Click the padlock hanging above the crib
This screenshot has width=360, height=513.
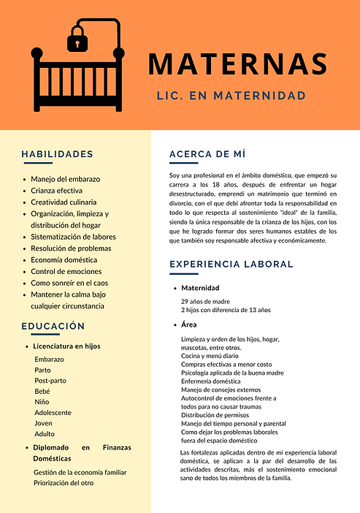pos(77,42)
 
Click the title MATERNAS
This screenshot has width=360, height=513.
pos(237,64)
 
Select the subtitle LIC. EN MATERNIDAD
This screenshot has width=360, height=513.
pos(231,96)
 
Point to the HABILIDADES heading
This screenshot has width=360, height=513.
pos(57,154)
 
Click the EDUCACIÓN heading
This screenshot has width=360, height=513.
pos(53,326)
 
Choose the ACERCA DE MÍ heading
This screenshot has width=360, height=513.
pos(207,154)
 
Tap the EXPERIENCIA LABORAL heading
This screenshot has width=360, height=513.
pos(231,264)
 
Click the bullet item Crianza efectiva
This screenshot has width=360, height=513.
pos(57,190)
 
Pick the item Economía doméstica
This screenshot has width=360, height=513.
pos(64,259)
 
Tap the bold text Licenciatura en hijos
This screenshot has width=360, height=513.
pos(67,346)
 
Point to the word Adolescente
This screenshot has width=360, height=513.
pos(53,412)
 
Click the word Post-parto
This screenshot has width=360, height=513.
pos(50,381)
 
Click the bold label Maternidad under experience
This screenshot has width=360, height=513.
pos(200,288)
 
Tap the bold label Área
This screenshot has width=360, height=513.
pos(189,324)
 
